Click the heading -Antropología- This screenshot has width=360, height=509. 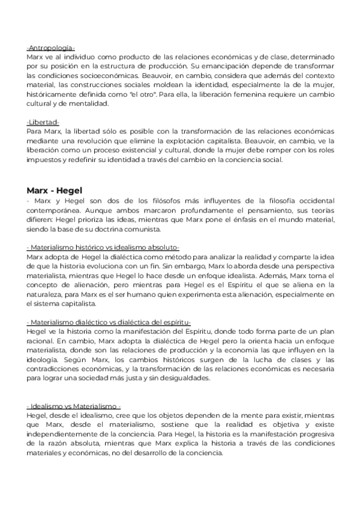click(x=50, y=47)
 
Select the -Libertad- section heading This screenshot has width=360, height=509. click(x=43, y=122)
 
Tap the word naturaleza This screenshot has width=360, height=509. click(x=46, y=285)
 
